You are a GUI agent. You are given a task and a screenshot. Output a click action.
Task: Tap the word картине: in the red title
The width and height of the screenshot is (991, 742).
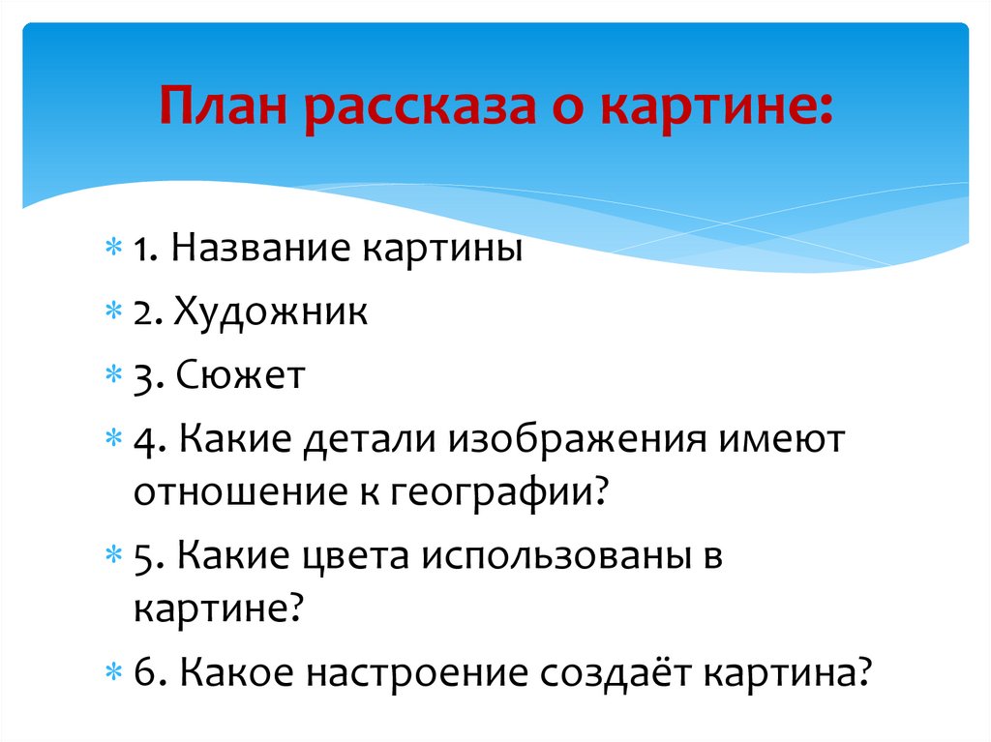coord(717,107)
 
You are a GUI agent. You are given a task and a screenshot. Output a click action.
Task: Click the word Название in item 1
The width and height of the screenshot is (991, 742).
coord(260,247)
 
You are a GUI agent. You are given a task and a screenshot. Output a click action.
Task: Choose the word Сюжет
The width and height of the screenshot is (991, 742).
coord(241,374)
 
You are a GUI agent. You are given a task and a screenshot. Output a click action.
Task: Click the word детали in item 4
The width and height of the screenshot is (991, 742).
coord(370,439)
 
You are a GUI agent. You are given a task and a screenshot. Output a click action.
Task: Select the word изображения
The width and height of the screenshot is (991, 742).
coord(578,439)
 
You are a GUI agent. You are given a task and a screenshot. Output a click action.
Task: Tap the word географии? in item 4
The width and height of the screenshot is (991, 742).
coord(498,493)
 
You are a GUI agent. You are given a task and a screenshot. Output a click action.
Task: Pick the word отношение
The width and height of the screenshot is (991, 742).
coord(241,492)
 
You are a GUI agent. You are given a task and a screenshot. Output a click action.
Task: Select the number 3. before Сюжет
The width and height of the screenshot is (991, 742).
coord(148,376)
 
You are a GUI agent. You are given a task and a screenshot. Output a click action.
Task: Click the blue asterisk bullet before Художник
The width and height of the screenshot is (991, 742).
coord(113,311)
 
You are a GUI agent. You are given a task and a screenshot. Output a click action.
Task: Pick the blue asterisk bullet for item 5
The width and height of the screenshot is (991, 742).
coord(113,555)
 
